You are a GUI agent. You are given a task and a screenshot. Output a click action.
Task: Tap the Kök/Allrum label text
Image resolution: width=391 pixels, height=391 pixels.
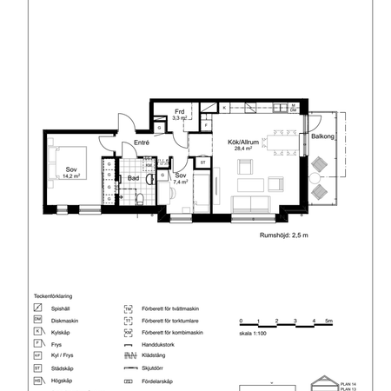tap(242, 142)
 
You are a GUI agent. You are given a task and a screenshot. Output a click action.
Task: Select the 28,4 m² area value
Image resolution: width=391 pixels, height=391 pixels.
tap(242, 149)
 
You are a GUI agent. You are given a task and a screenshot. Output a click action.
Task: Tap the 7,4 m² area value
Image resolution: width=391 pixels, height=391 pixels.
tap(181, 182)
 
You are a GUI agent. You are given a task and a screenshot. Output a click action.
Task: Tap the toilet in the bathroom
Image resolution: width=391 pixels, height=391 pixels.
tap(139, 198)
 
